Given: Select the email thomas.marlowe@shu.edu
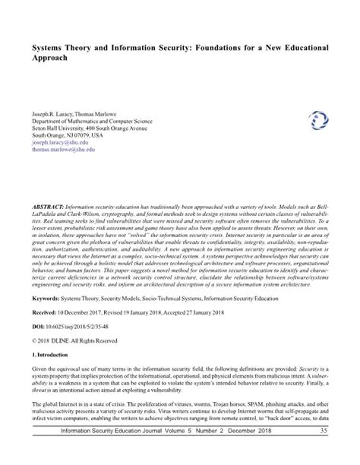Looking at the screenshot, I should (63, 150).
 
